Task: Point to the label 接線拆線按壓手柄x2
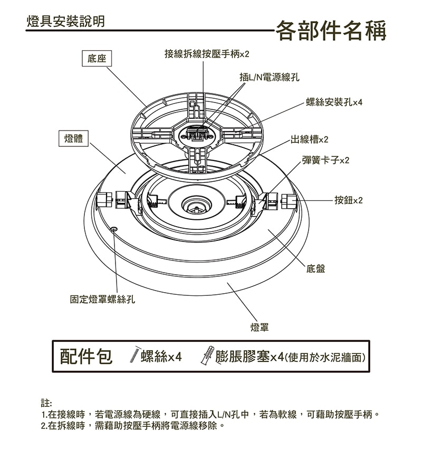(206, 54)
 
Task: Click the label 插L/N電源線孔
(269, 77)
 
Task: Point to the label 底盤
(315, 269)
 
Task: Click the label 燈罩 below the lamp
(260, 328)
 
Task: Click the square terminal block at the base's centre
(196, 133)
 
